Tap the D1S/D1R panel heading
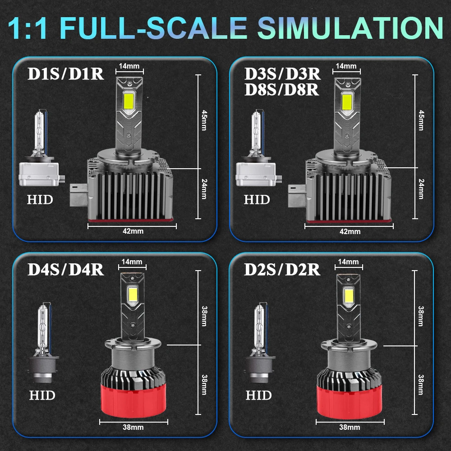coord(66,74)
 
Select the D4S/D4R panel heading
coord(66,269)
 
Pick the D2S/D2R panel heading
coord(282,269)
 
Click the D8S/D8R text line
coord(282,90)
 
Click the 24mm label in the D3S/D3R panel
coord(421,189)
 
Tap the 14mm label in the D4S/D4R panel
coord(132,262)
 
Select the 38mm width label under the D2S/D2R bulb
coord(350,427)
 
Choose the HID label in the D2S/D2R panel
coord(258,396)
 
